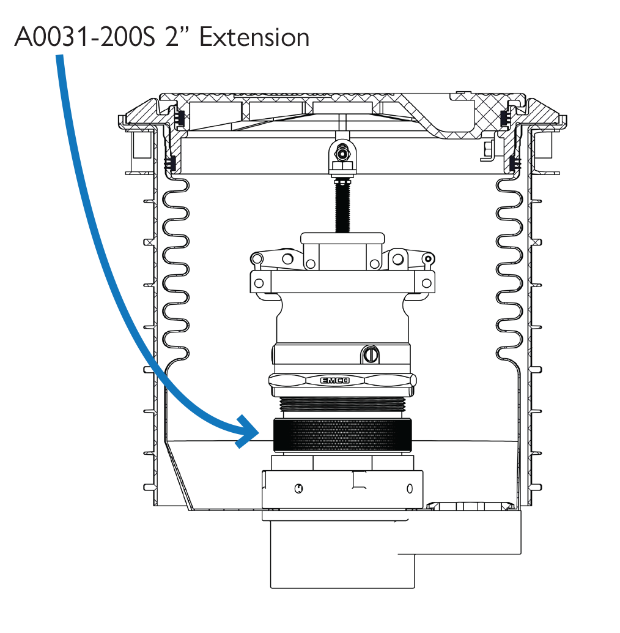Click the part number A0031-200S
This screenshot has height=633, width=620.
84,37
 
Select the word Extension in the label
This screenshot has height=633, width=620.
254,37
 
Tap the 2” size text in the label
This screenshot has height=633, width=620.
177,37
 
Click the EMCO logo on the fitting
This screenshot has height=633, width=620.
334,380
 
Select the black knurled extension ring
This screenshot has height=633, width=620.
342,436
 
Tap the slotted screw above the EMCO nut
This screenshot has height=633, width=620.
371,354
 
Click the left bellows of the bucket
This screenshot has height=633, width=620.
175,270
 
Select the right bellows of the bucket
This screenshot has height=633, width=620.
509,270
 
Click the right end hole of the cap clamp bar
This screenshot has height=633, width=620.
427,283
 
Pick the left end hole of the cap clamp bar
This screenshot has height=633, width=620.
259,283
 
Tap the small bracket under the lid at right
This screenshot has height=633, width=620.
487,151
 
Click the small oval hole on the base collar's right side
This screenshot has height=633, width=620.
410,489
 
